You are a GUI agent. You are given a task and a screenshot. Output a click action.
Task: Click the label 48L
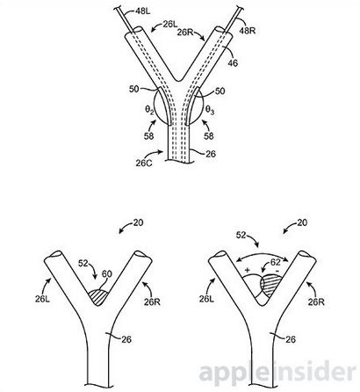(x=144, y=11)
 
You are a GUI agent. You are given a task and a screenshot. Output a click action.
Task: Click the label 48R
(x=248, y=30)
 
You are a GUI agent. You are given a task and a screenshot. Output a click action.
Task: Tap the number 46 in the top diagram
(x=233, y=62)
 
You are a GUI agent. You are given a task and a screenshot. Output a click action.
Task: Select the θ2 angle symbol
(x=150, y=110)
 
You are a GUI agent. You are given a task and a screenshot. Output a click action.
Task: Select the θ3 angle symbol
(x=210, y=110)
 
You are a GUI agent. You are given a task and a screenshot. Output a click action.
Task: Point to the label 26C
(x=144, y=163)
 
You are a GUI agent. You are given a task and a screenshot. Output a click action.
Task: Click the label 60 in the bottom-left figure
(x=106, y=274)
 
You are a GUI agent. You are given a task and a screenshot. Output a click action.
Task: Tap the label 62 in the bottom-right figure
(x=275, y=262)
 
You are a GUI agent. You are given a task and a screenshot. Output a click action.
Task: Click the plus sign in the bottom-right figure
(x=248, y=270)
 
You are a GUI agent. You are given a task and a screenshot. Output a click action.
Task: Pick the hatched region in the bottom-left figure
(x=98, y=297)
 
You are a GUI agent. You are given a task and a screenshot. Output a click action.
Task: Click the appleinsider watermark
(x=278, y=373)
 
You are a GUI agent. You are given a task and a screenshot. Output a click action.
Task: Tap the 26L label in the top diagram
(x=170, y=25)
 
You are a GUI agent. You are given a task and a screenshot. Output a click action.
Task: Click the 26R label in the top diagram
(x=185, y=32)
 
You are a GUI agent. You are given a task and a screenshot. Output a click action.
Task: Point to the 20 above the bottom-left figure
(x=138, y=222)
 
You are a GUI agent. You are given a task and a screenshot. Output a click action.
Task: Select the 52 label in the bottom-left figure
(x=83, y=263)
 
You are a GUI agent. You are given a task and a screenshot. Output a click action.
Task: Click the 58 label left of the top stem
(x=148, y=135)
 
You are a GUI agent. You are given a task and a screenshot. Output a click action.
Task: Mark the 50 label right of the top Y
(x=220, y=91)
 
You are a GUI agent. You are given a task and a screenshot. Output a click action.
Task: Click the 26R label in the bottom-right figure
(x=316, y=301)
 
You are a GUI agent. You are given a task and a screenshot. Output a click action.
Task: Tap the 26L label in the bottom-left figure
(x=43, y=299)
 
